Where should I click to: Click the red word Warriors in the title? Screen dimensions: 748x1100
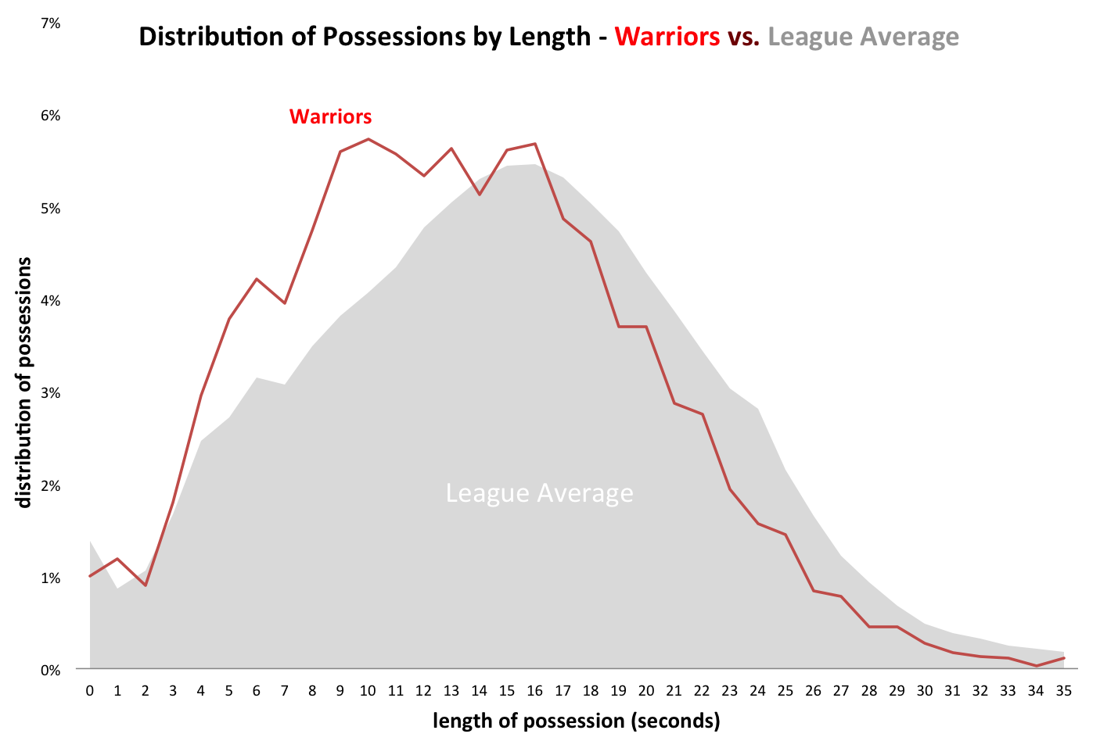[x=667, y=37]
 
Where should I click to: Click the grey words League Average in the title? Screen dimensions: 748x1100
[x=863, y=37]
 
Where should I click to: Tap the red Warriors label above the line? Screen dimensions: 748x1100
[x=330, y=116]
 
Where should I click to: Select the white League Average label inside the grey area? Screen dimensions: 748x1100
[x=539, y=493]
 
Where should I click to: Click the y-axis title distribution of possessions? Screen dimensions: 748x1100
[x=24, y=382]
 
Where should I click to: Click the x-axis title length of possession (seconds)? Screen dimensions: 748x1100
[x=576, y=721]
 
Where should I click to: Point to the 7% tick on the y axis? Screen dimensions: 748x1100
[x=51, y=23]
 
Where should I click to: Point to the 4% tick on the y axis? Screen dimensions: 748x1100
[x=51, y=301]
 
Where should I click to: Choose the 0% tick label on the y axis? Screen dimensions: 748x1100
[x=51, y=670]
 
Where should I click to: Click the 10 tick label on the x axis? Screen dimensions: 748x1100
[x=368, y=691]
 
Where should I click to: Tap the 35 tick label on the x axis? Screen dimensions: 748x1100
[x=1063, y=691]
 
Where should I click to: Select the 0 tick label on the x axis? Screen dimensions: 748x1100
[x=90, y=691]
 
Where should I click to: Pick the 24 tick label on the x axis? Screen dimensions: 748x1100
[x=757, y=691]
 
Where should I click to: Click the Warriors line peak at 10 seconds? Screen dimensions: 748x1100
[x=368, y=139]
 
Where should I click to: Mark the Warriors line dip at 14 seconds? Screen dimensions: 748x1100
[x=479, y=195]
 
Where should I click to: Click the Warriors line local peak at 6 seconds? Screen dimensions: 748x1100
[x=257, y=279]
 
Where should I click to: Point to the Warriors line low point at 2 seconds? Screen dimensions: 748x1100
[x=146, y=585]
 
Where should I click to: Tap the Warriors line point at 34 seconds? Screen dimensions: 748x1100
[x=1036, y=666]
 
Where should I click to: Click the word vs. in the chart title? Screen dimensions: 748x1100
[x=744, y=37]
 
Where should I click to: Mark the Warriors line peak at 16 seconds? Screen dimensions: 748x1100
[x=534, y=144]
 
